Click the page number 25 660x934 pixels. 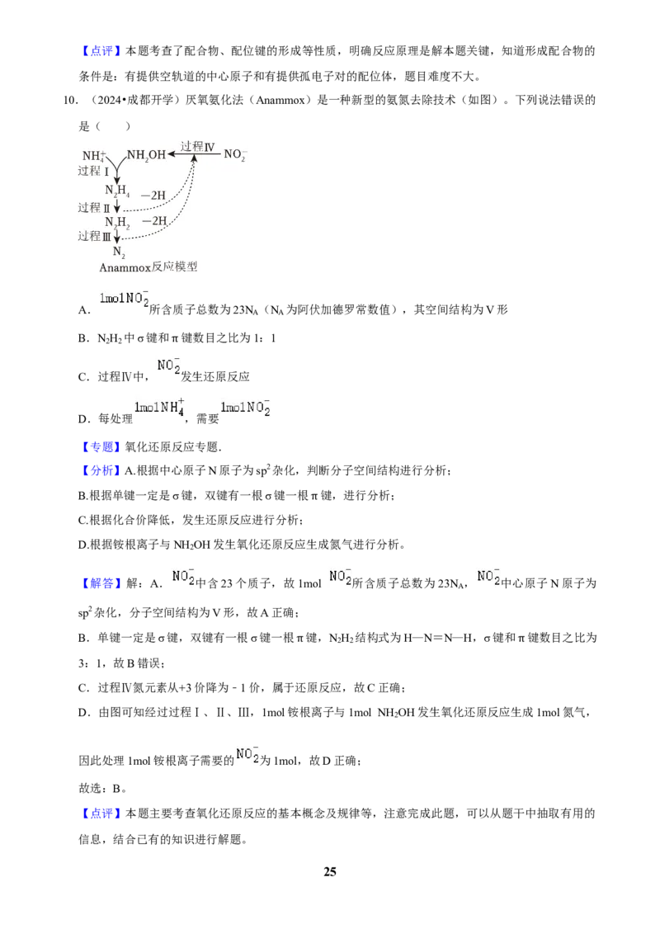(x=330, y=871)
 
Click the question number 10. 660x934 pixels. (x=70, y=100)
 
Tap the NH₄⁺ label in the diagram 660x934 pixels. (x=94, y=155)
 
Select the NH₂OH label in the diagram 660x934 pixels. (x=146, y=155)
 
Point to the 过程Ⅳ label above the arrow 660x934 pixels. (x=197, y=146)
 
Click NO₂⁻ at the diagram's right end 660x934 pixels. (x=235, y=154)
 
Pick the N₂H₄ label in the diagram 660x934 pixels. (x=117, y=191)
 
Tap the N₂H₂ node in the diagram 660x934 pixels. (x=117, y=223)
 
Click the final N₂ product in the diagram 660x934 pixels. (x=119, y=252)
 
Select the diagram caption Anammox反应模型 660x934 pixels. (x=148, y=267)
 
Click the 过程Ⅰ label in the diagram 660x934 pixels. (x=93, y=171)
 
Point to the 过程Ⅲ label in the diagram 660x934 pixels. (x=94, y=237)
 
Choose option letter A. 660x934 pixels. (x=84, y=310)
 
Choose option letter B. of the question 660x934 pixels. (x=84, y=338)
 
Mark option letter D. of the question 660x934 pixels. (x=84, y=419)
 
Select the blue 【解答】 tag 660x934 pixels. (x=101, y=583)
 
